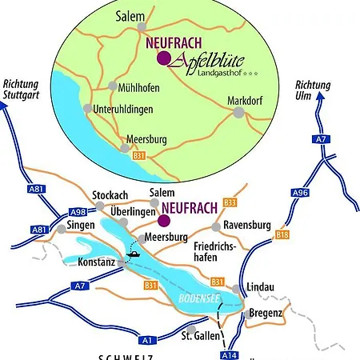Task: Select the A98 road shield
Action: (x=77, y=211)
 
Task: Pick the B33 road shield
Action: (x=230, y=202)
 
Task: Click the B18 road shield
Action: (x=282, y=234)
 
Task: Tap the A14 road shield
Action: (x=229, y=354)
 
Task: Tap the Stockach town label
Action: (x=110, y=194)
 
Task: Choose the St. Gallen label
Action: (x=201, y=335)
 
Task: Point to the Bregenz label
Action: (x=266, y=313)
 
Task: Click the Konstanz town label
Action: (x=95, y=262)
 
